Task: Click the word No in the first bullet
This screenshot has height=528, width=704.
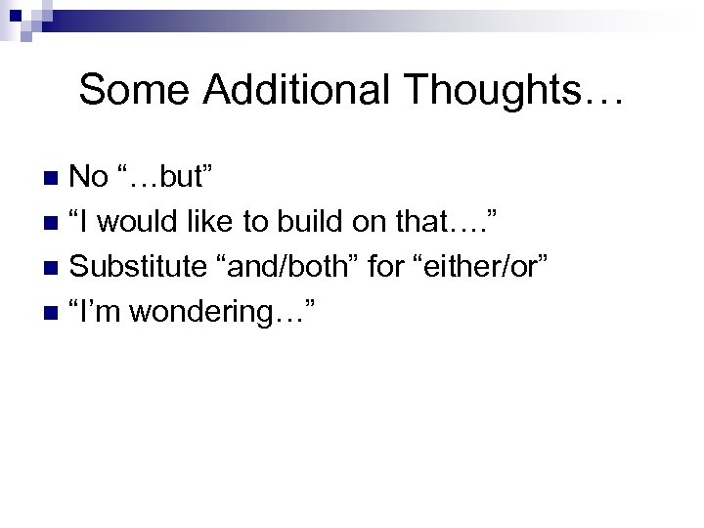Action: click(x=91, y=177)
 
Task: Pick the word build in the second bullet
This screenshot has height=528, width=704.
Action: click(x=309, y=222)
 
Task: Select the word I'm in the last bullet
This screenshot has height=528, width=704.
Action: click(x=98, y=312)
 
